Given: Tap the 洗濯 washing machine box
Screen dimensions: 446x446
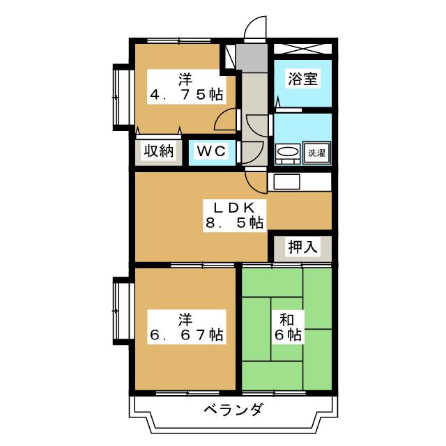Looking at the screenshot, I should (316, 152).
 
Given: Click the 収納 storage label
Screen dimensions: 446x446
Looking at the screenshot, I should (158, 151).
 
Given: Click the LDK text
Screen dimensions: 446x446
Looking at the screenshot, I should (233, 208).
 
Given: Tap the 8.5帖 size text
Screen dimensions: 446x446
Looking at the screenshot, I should (233, 224).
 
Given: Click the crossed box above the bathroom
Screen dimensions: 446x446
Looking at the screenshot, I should (302, 49).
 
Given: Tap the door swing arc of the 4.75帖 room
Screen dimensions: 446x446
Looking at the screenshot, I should (225, 120).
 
